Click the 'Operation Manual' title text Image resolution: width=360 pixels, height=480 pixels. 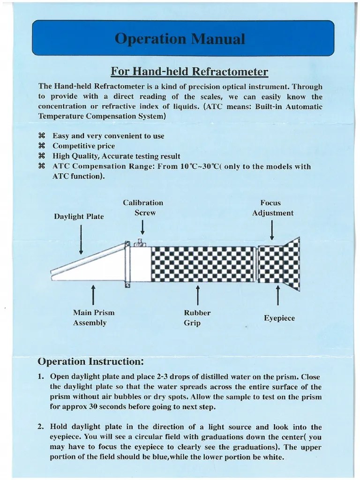(x=180, y=38)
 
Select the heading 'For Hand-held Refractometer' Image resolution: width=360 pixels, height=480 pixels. (x=189, y=72)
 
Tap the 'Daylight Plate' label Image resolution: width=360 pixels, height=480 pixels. (x=79, y=217)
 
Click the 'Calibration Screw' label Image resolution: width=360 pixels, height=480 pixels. (x=143, y=208)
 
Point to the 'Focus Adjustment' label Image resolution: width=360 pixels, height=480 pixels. (x=272, y=208)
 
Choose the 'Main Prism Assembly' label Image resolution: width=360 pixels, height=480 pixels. (x=93, y=317)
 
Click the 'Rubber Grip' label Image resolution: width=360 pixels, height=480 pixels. (x=197, y=317)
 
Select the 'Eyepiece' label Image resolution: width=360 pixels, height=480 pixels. (x=279, y=318)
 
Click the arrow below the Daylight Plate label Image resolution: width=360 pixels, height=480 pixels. (x=82, y=239)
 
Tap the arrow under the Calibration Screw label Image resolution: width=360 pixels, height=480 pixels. (x=143, y=227)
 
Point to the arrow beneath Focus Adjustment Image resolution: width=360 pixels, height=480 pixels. (x=272, y=230)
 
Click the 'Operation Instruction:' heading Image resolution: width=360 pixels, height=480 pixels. (x=90, y=361)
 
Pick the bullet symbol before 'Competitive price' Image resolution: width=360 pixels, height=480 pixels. (x=41, y=146)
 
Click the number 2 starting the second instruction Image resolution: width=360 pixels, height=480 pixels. (x=41, y=427)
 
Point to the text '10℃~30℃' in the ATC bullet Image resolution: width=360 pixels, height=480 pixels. (x=201, y=166)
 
